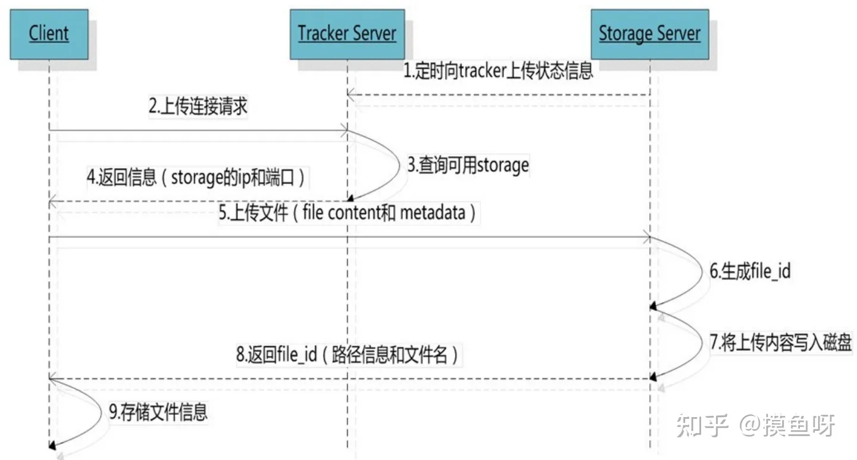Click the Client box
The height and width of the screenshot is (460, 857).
click(x=49, y=35)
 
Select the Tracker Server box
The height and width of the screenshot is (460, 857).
click(x=347, y=35)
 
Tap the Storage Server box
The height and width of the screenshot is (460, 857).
click(x=650, y=35)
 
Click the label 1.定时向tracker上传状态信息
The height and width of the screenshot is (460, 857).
click(x=498, y=71)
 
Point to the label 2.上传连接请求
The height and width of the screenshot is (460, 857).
click(x=198, y=106)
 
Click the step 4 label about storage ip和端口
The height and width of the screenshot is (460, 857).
click(x=196, y=178)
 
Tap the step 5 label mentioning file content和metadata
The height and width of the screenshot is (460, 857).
click(x=347, y=213)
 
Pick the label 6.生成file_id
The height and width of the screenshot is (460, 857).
click(x=750, y=271)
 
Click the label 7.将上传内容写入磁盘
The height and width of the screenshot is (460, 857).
click(x=780, y=342)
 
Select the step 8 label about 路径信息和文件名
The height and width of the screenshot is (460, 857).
click(x=347, y=355)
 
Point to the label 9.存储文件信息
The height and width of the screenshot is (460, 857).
click(x=158, y=412)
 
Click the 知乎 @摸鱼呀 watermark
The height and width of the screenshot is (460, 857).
click(x=756, y=425)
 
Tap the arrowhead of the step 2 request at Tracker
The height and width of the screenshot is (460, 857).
click(x=345, y=130)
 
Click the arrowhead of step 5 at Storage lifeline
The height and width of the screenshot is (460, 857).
click(x=646, y=237)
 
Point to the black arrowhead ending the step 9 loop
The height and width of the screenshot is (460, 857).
click(x=52, y=446)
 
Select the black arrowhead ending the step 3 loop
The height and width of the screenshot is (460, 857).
click(x=350, y=198)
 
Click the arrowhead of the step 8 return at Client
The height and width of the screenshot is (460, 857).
click(x=53, y=379)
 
